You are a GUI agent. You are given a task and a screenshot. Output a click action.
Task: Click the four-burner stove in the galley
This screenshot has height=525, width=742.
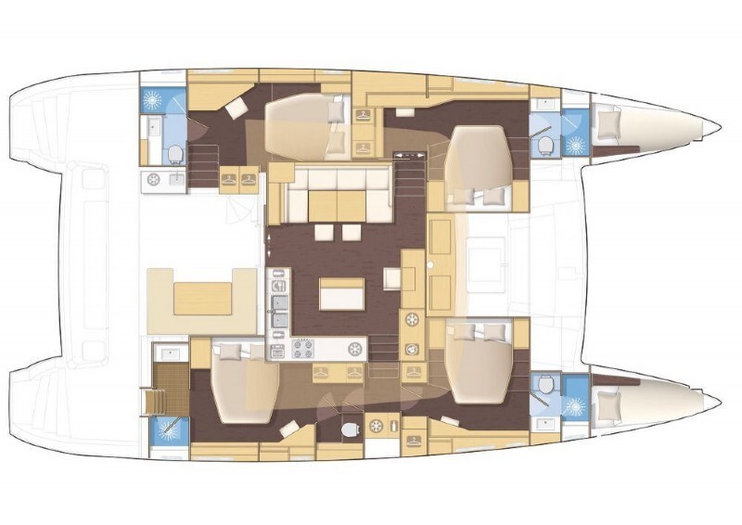coord(303,350)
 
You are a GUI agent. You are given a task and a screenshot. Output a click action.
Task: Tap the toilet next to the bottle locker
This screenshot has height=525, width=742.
coord(349,429)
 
